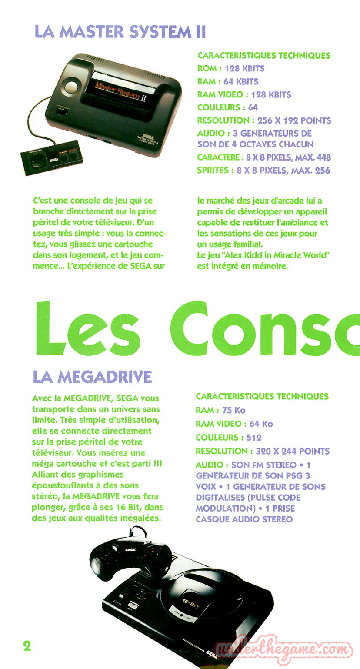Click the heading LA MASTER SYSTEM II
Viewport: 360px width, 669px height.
[x=120, y=32]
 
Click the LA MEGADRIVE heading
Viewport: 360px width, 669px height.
[x=92, y=377]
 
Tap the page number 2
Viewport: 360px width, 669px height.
[x=27, y=646]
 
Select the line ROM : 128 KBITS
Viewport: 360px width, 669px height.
[x=231, y=68]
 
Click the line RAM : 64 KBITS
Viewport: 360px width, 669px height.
[x=228, y=81]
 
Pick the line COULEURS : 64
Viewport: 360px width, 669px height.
[x=227, y=107]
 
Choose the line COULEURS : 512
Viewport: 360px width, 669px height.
[x=228, y=437]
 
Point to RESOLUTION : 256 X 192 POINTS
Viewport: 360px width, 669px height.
[x=264, y=120]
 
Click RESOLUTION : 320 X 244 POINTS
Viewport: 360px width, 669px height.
[x=263, y=451]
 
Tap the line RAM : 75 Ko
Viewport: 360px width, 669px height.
[x=220, y=410]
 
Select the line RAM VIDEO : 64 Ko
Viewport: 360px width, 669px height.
[x=234, y=424]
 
